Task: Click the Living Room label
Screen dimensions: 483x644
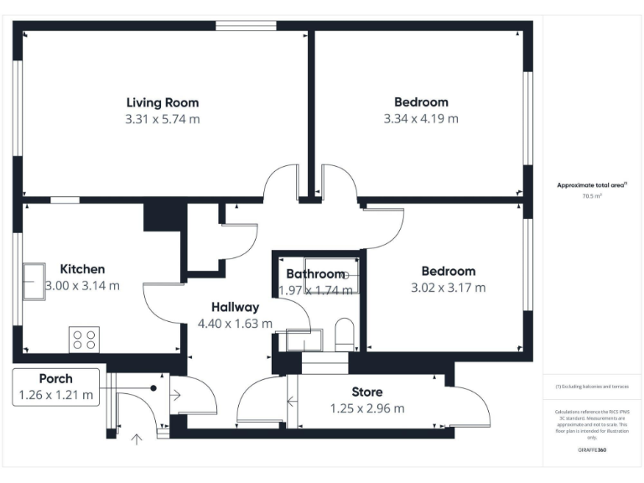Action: [162, 102]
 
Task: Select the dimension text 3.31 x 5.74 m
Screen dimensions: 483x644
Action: [162, 119]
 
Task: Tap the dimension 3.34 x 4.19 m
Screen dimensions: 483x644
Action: [421, 119]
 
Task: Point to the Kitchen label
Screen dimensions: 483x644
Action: [82, 269]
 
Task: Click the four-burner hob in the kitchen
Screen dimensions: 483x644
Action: [84, 339]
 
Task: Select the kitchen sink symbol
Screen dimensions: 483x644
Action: [34, 275]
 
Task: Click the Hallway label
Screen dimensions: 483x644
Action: [235, 307]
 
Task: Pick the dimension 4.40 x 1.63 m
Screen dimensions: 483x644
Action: [235, 324]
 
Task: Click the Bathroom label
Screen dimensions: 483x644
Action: [315, 274]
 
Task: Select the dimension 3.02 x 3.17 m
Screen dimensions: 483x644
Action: [448, 288]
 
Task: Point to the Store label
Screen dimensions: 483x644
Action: [366, 392]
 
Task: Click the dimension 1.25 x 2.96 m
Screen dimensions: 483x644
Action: [366, 408]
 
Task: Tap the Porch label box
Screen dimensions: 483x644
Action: [55, 387]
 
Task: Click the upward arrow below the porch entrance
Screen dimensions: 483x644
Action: [138, 437]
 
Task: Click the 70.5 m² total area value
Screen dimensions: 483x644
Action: [593, 196]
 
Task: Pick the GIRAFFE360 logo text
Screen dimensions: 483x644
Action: [592, 451]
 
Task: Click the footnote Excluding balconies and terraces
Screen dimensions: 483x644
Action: [592, 386]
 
